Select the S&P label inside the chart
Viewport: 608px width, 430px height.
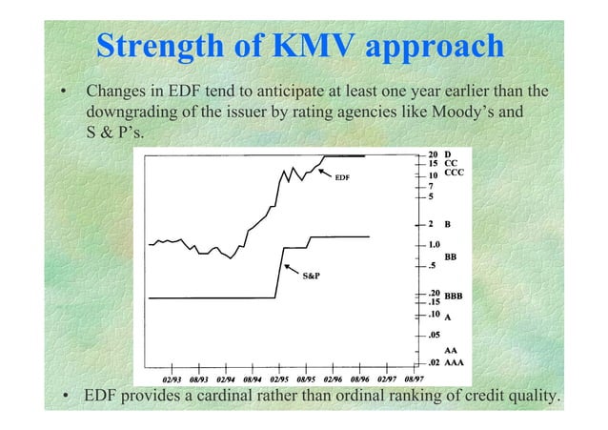pyautogui.click(x=311, y=276)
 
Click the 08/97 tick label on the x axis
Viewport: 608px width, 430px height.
pyautogui.click(x=415, y=377)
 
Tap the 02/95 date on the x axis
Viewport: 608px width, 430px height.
pyautogui.click(x=279, y=377)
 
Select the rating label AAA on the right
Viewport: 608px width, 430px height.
pyautogui.click(x=456, y=364)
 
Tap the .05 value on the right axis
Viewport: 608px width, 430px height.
pyautogui.click(x=433, y=335)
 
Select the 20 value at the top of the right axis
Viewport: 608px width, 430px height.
pyautogui.click(x=433, y=154)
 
